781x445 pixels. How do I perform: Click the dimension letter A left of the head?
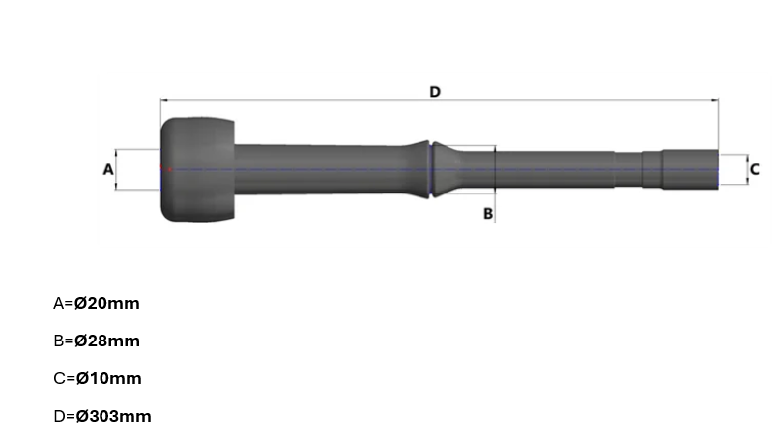[108, 169]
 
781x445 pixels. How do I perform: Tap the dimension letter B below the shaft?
[488, 212]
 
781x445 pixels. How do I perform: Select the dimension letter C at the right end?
[754, 169]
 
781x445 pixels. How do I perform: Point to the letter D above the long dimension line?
[435, 91]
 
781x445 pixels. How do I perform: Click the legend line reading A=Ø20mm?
[96, 303]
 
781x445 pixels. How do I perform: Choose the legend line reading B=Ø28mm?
[96, 341]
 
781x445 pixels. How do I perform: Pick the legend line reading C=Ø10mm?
[96, 378]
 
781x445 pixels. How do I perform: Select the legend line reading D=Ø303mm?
[101, 416]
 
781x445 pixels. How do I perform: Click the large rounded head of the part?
[198, 169]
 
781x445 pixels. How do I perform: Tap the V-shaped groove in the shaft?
[431, 169]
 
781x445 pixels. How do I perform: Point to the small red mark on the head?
[166, 170]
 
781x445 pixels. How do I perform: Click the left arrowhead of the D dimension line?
[163, 100]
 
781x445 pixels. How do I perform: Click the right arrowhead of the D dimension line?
[716, 100]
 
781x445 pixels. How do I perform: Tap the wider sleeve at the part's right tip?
[690, 169]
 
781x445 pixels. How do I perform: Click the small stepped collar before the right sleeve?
[651, 169]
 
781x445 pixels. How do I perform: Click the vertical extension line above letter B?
[495, 179]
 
